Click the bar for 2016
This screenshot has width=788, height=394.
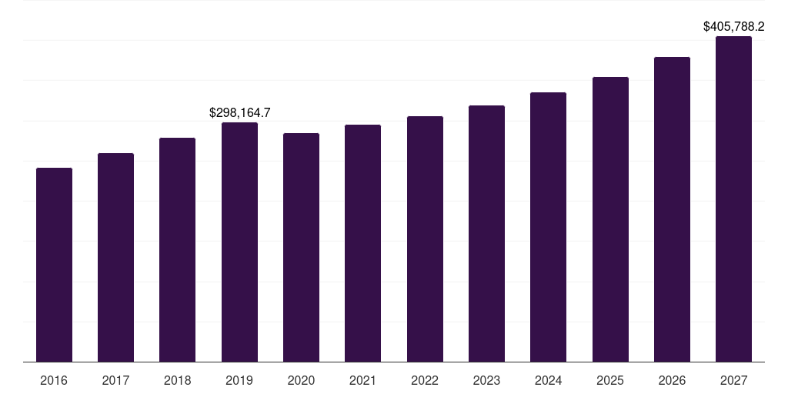pos(54,265)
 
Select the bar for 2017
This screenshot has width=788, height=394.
pos(115,258)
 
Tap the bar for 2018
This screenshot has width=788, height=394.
pos(177,250)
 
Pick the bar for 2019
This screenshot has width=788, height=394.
pos(239,242)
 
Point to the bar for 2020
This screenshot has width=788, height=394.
pos(301,248)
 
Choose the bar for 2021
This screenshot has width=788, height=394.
pos(362,243)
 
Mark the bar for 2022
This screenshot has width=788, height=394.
pos(425,239)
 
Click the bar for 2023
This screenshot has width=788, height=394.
pos(486,234)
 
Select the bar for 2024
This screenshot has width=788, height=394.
pos(548,227)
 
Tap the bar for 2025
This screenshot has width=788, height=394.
pos(610,219)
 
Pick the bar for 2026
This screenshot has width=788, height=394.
pos(672,209)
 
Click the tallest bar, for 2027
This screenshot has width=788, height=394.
pos(733,199)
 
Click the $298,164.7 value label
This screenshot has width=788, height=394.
pos(239,113)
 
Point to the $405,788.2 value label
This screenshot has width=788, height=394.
pos(733,27)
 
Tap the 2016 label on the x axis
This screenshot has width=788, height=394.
pos(54,380)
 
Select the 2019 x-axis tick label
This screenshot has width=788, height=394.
pos(239,380)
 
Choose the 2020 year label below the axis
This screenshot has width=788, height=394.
pos(301,380)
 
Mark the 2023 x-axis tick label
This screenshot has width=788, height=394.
pos(486,380)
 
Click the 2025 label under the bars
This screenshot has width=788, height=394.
pos(610,380)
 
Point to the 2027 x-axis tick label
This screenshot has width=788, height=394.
pos(733,380)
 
